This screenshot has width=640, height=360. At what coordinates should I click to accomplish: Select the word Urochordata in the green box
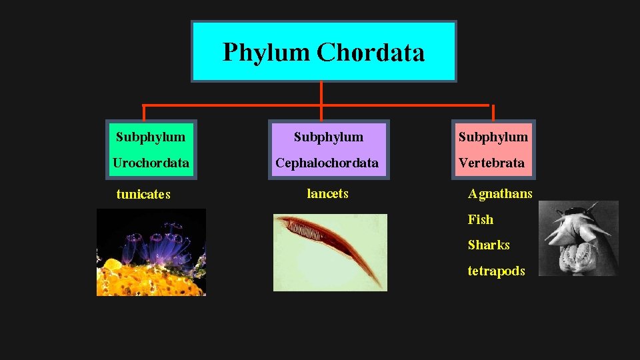click(151, 163)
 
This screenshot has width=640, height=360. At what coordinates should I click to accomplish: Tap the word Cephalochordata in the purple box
click(327, 163)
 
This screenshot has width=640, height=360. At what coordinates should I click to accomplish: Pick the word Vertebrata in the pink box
click(492, 163)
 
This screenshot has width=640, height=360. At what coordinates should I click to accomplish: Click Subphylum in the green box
click(151, 137)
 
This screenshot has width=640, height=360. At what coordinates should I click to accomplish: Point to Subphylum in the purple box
click(328, 137)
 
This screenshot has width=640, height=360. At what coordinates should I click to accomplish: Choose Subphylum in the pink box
click(493, 137)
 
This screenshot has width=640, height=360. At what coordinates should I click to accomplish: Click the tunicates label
click(143, 195)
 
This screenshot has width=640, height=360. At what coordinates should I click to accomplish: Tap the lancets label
click(327, 194)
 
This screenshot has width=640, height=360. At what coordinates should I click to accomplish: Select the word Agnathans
click(500, 194)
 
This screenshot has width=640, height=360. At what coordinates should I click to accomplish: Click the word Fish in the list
click(481, 219)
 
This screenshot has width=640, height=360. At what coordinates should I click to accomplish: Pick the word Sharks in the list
click(489, 245)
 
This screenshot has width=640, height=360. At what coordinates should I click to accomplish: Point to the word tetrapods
click(496, 271)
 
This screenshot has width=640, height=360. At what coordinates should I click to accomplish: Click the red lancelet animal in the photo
click(327, 240)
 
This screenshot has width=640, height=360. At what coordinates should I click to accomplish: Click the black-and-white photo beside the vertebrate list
click(578, 238)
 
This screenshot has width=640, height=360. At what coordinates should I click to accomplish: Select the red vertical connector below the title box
click(321, 93)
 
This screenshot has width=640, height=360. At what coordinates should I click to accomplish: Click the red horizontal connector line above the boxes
click(233, 105)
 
